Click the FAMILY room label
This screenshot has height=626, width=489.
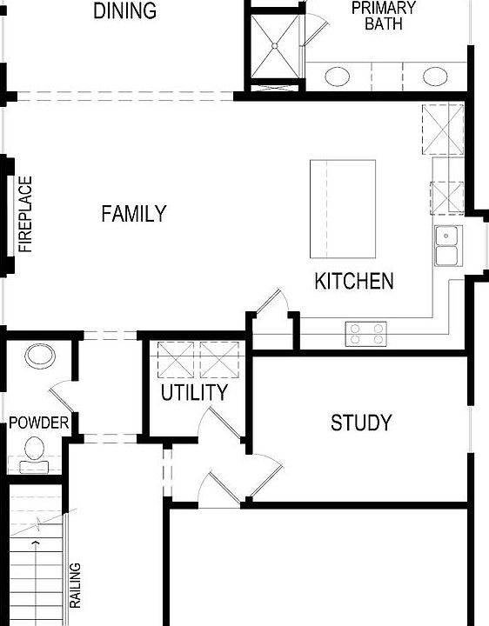tap(133, 214)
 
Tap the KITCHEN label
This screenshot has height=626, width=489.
tap(353, 282)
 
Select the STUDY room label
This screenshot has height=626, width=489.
tap(361, 423)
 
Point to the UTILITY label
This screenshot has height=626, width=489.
tap(194, 393)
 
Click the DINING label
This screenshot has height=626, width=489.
tap(124, 11)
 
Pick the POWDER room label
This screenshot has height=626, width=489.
tap(38, 423)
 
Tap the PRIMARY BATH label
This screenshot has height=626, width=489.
tap(383, 17)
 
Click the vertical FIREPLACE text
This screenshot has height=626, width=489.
tap(26, 215)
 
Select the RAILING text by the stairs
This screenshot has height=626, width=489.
tap(76, 586)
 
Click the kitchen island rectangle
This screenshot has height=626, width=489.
tap(344, 209)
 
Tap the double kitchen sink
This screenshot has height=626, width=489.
tap(446, 244)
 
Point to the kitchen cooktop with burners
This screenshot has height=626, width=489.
tap(365, 330)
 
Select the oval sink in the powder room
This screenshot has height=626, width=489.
tap(40, 356)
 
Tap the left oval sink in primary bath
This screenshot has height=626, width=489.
tap(337, 77)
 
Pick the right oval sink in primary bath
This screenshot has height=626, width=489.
tap(434, 77)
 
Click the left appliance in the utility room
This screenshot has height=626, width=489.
tap(174, 358)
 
